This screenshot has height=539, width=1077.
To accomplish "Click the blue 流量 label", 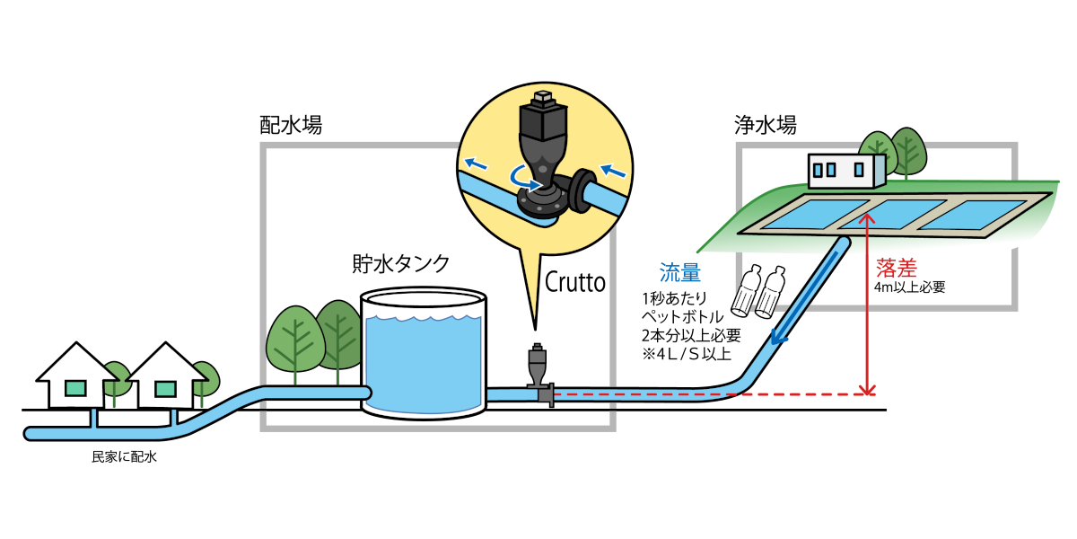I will click(680, 273).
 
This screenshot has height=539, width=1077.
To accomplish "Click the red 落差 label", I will click(896, 268).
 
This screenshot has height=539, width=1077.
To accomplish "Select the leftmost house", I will click(76, 377).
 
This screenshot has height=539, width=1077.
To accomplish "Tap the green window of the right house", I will click(165, 389).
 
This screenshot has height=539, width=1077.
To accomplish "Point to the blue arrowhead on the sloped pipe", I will click(778, 338).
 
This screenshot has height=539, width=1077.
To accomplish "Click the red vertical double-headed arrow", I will click(867, 305).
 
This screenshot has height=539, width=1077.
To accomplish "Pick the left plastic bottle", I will click(747, 290).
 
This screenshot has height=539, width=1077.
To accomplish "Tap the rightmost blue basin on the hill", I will click(978, 215).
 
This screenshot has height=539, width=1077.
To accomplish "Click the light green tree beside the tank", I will click(294, 340).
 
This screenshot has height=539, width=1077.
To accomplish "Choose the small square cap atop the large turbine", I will click(543, 97).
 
